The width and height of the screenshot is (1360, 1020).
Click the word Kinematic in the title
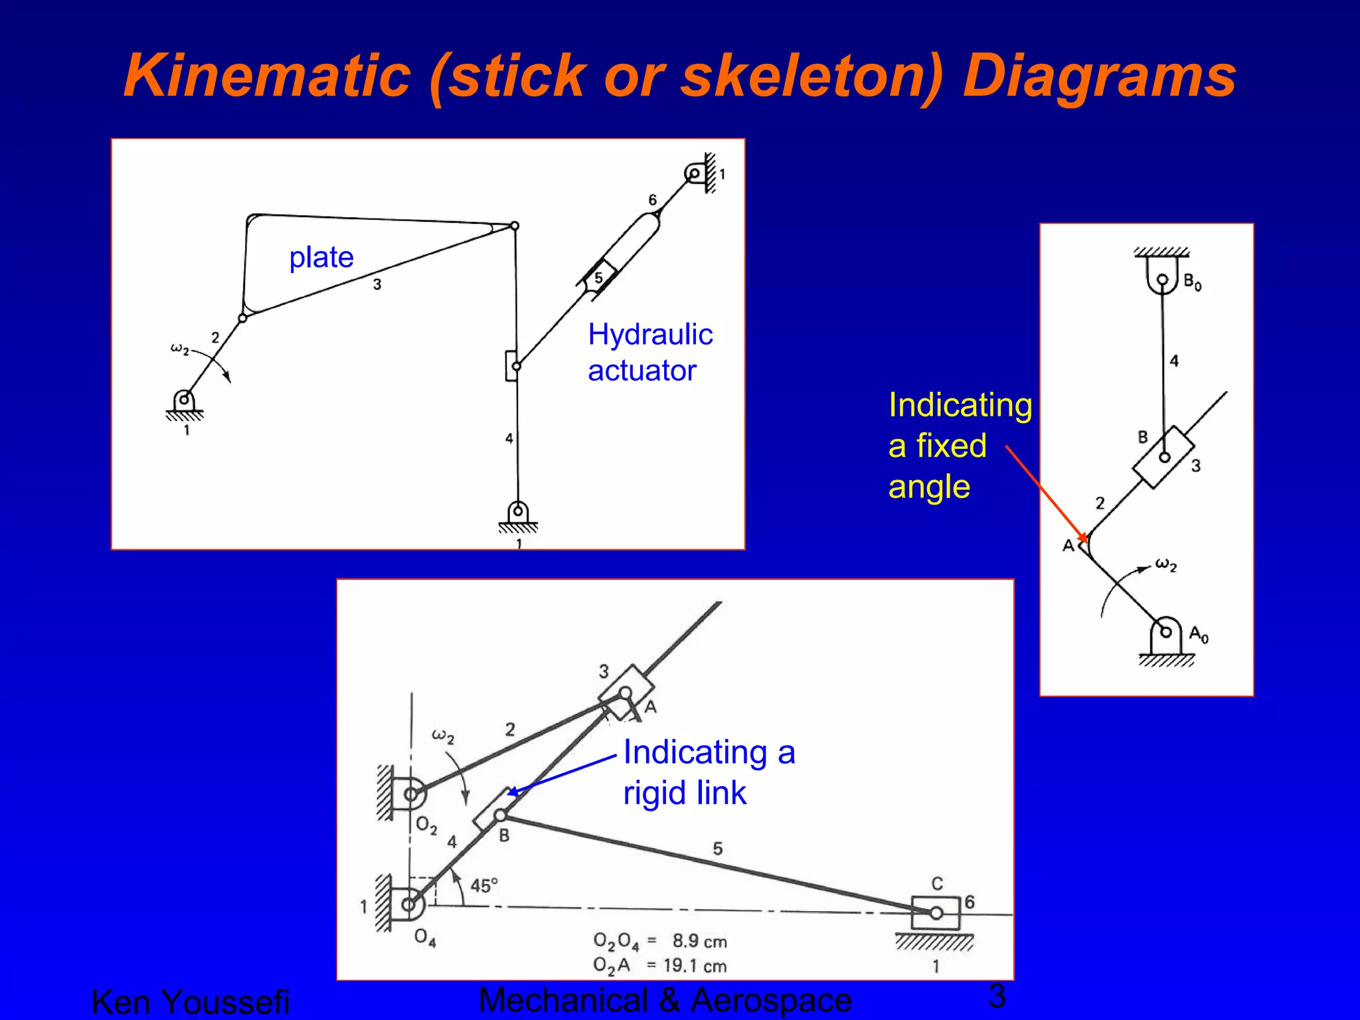[x=267, y=76]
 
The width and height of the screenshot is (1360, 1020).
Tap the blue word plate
[x=321, y=258]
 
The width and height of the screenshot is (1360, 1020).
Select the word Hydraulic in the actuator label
[x=650, y=335]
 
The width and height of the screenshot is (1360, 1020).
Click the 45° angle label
[x=484, y=886]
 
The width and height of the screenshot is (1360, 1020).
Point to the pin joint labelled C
[x=936, y=913]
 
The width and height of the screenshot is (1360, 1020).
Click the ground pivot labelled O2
[x=410, y=794]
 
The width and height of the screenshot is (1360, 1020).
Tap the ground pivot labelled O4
[x=409, y=904]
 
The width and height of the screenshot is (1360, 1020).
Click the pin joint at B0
[x=1163, y=280]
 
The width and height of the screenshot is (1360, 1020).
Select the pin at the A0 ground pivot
[x=1165, y=632]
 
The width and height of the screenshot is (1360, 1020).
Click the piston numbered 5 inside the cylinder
[x=598, y=278]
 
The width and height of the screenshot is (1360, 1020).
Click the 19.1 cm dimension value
[x=695, y=966]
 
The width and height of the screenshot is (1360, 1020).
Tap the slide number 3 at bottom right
[x=997, y=996]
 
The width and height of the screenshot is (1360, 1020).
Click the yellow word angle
[x=929, y=487]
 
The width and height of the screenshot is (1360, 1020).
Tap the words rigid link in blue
[x=685, y=793]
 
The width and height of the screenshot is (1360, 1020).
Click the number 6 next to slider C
[x=970, y=902]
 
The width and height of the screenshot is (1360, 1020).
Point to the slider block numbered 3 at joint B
[x=1163, y=458]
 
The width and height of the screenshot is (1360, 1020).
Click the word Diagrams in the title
[x=1099, y=76]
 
